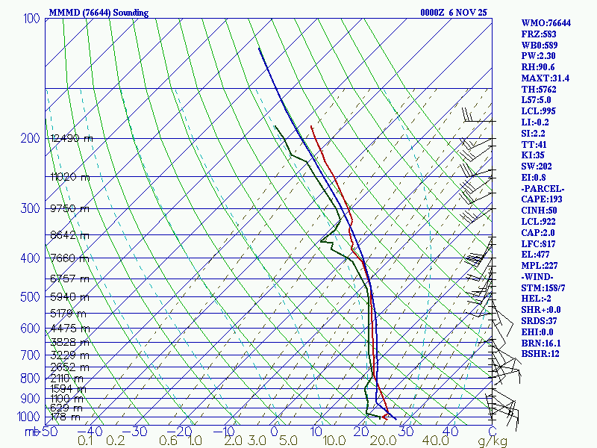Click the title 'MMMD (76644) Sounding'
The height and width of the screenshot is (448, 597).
click(99, 13)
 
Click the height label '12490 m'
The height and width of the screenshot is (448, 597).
click(72, 138)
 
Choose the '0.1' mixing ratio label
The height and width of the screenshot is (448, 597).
click(85, 441)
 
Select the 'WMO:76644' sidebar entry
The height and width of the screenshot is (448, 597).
click(546, 23)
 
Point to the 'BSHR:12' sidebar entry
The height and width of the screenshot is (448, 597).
click(541, 353)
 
